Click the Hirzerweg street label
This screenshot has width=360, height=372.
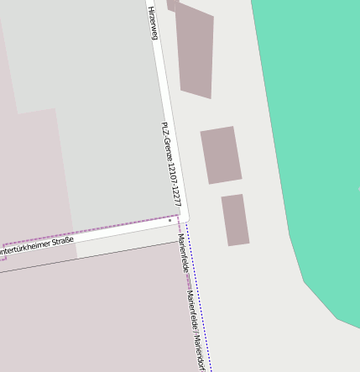pyautogui.click(x=153, y=22)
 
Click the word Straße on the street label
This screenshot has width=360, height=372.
pyautogui.click(x=63, y=242)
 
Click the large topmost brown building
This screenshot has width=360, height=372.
pyautogui.click(x=195, y=50)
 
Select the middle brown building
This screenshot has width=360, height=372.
pyautogui.click(x=221, y=155)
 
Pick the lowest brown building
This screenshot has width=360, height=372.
pyautogui.click(x=235, y=220)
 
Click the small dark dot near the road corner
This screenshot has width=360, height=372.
pyautogui.click(x=170, y=221)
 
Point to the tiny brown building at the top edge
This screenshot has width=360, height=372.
pyautogui.click(x=172, y=4)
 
